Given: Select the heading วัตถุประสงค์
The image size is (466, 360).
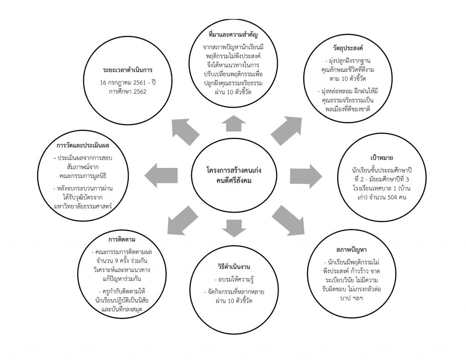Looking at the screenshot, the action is click(348, 48).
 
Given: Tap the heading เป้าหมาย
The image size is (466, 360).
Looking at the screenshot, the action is click(382, 157).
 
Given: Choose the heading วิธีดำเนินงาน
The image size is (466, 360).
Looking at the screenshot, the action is click(234, 267).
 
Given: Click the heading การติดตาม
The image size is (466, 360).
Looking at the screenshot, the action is click(122, 239).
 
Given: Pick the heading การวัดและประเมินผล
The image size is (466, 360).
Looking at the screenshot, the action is click(83, 146).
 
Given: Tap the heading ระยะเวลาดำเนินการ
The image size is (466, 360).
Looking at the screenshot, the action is click(128, 70).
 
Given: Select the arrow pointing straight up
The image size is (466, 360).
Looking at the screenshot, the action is click(234, 123).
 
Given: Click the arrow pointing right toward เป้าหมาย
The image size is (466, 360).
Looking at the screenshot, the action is click(306, 176).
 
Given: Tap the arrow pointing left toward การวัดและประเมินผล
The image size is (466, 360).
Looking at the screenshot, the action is click(161, 175).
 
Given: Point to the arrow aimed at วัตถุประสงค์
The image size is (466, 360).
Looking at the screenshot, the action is click(287, 131).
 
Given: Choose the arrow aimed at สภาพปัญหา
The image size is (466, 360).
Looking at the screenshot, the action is click(288, 220).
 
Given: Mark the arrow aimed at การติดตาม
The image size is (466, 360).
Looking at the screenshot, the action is click(182, 220).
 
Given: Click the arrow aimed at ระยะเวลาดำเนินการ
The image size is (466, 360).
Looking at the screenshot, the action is click(186, 132).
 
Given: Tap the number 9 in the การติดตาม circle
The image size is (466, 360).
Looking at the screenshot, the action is click(116, 261).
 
